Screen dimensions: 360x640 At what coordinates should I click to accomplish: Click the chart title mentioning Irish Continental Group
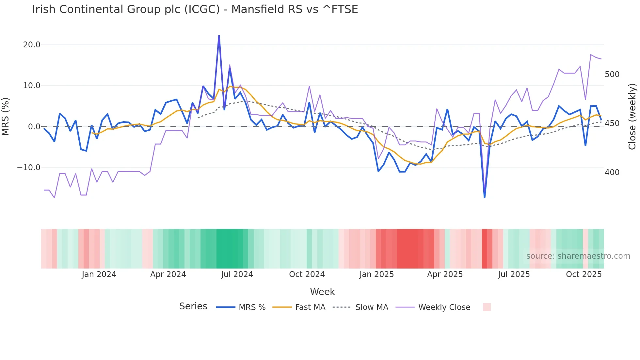pyautogui.click(x=195, y=9)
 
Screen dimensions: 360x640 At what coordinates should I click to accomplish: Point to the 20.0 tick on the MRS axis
pyautogui.click(x=32, y=45)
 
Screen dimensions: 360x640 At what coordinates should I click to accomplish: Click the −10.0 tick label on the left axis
pyautogui.click(x=29, y=168)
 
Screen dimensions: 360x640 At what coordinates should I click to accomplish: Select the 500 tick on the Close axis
pyautogui.click(x=612, y=74)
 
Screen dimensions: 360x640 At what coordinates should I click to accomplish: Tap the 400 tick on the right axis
pyautogui.click(x=612, y=172)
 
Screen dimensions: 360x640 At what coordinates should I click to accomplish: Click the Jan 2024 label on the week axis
pyautogui.click(x=99, y=274)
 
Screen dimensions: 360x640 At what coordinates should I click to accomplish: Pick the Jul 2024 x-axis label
pyautogui.click(x=237, y=274)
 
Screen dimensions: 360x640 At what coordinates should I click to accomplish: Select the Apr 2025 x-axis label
pyautogui.click(x=445, y=274)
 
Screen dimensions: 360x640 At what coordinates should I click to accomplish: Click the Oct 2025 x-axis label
pyautogui.click(x=584, y=274)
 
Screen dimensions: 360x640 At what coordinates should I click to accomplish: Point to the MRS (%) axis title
pyautogui.click(x=6, y=116)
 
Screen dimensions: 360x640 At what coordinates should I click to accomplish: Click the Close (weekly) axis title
pyautogui.click(x=632, y=117)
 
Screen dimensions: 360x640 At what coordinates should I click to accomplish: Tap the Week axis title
pyautogui.click(x=322, y=292)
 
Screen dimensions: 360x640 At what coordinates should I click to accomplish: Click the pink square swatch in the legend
pyautogui.click(x=487, y=307)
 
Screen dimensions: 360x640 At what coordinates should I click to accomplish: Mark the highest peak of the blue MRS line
pyautogui.click(x=219, y=36)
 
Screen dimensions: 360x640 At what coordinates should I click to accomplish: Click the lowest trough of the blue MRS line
pyautogui.click(x=485, y=197)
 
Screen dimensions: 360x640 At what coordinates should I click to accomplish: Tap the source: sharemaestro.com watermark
pyautogui.click(x=578, y=256)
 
